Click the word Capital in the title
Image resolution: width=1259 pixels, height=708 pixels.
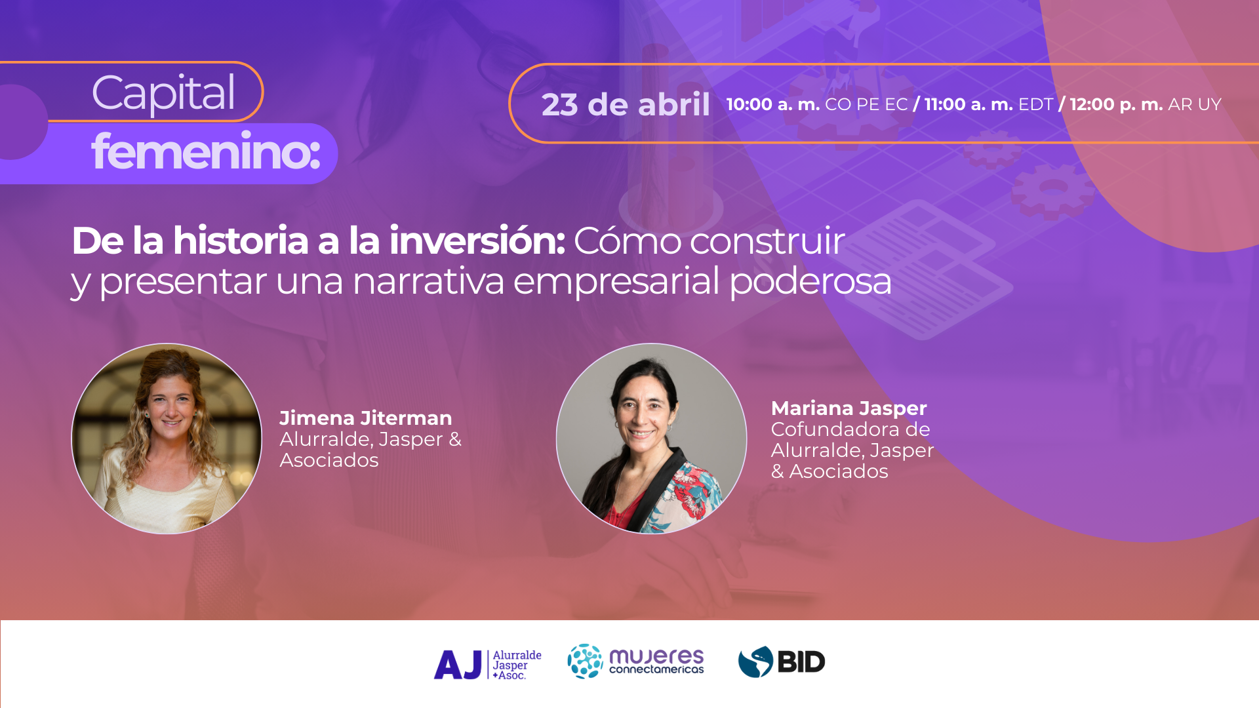[163, 93]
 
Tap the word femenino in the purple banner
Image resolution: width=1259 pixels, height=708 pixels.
[205, 152]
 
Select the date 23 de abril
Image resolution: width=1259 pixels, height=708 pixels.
[626, 104]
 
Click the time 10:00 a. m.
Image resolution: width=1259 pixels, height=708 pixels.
[772, 104]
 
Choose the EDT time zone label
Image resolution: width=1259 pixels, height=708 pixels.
[1035, 104]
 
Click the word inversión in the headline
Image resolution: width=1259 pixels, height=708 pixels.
[477, 241]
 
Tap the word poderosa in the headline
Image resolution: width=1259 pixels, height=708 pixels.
[810, 281]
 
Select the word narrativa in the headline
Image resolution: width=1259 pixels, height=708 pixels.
[428, 281]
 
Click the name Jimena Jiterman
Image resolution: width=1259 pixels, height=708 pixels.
[365, 418]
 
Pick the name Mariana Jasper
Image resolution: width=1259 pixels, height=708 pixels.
[849, 408]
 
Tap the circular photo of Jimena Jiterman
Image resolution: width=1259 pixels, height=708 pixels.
[167, 439]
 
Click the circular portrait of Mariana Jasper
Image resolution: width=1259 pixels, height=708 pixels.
[651, 439]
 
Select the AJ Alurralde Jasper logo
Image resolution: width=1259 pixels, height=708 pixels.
[488, 664]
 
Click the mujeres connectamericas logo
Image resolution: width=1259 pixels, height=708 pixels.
[635, 661]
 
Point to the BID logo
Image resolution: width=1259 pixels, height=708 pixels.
[782, 661]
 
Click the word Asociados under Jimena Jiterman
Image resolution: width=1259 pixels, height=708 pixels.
[329, 460]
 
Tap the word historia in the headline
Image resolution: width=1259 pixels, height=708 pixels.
[241, 241]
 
